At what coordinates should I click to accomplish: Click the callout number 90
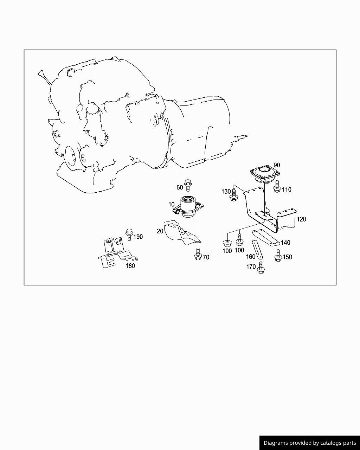(x=277, y=165)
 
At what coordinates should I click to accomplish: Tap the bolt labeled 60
(x=188, y=185)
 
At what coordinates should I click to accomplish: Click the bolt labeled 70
(x=198, y=254)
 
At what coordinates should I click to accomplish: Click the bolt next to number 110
(x=277, y=187)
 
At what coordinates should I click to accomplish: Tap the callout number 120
(x=301, y=219)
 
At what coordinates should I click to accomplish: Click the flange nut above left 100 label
(x=227, y=243)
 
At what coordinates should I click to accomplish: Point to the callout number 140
(x=285, y=243)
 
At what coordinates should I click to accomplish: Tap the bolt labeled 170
(x=260, y=268)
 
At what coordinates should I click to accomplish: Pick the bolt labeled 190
(x=129, y=234)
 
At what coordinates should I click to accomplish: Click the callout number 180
(x=130, y=266)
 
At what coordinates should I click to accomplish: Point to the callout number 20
(x=160, y=231)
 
